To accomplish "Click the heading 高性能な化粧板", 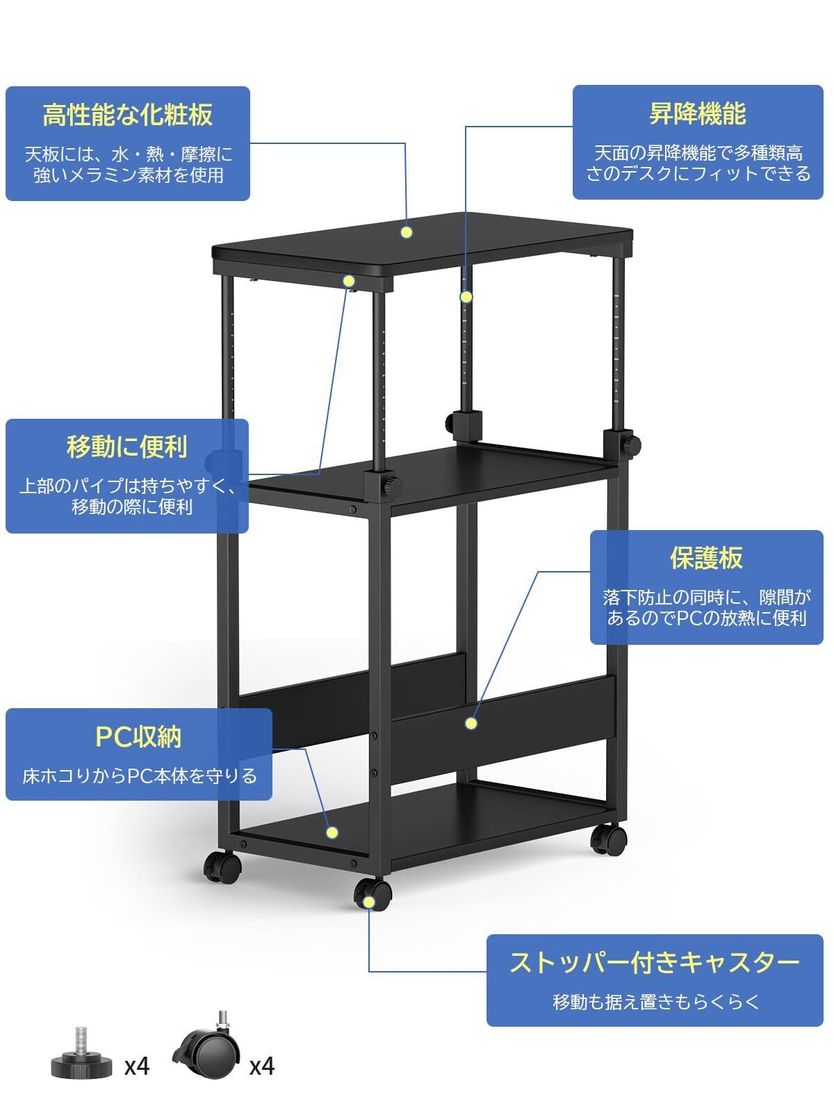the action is tap(127, 115).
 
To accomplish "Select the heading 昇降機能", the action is tap(697, 113).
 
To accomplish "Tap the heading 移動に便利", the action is tap(127, 447).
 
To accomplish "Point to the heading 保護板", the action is tap(706, 557).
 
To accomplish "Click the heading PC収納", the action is tap(138, 736).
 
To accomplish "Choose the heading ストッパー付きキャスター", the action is tap(655, 963).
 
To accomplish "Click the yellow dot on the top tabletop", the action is tap(407, 232).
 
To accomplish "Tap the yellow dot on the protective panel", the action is tap(471, 723).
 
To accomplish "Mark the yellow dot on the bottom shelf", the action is tap(332, 832).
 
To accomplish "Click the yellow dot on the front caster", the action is tap(368, 902).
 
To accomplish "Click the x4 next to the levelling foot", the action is tap(137, 1066).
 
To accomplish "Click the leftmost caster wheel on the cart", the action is tap(222, 867).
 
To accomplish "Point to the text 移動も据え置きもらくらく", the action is tap(655, 1002).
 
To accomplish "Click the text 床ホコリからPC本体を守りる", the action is tap(140, 775).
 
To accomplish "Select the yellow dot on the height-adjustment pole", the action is tap(466, 297).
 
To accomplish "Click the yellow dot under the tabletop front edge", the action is tap(349, 281).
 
